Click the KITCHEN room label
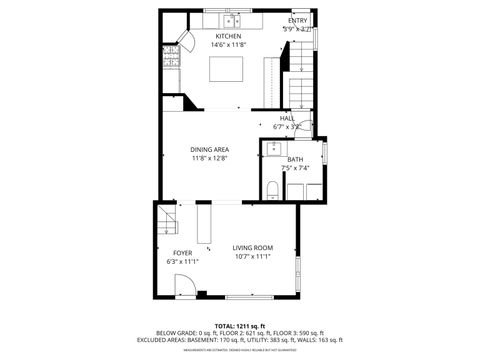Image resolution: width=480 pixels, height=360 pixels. [x=227, y=36]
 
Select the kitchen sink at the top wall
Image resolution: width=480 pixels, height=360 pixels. [x=231, y=20]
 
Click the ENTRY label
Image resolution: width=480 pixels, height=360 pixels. [x=298, y=21]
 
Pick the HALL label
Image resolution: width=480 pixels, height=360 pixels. [x=286, y=118]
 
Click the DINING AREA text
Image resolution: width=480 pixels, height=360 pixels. [x=209, y=149]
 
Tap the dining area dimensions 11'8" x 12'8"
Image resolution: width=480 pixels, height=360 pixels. [x=209, y=158]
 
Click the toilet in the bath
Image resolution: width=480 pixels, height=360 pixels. [x=273, y=189]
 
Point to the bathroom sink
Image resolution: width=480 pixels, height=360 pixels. [x=273, y=151]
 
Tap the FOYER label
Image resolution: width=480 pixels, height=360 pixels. [x=182, y=252]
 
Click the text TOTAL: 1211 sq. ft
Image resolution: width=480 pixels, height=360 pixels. [x=239, y=326]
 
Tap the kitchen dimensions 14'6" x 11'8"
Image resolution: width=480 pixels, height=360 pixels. [x=227, y=45]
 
